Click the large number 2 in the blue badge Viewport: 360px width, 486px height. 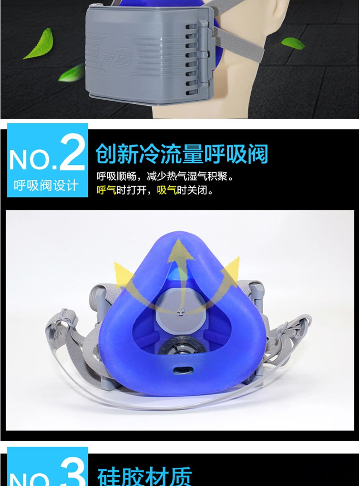[72, 153]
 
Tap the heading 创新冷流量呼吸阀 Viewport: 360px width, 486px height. [182, 154]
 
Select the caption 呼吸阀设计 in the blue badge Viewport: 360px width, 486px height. [46, 185]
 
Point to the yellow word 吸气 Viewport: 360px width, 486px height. [167, 191]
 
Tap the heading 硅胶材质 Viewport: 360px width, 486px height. [144, 476]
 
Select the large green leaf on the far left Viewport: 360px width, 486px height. [40, 44]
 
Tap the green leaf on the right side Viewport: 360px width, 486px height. [293, 43]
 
